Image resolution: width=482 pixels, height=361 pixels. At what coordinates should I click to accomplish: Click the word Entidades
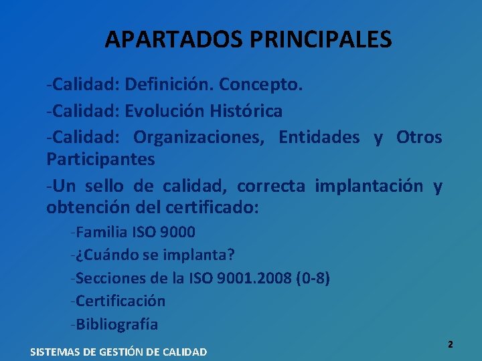click(319, 137)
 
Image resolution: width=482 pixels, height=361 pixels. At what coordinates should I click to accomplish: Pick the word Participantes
click(100, 160)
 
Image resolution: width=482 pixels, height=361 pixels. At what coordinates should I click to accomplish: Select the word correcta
click(271, 185)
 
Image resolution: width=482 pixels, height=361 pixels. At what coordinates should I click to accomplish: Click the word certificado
click(211, 208)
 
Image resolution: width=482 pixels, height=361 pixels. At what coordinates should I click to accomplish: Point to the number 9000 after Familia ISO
click(178, 233)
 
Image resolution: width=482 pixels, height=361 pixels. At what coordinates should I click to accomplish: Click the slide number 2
click(450, 344)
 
